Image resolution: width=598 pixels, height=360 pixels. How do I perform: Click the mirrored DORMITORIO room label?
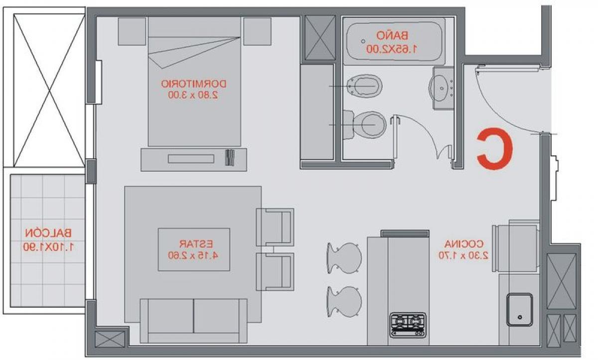pos(193,84)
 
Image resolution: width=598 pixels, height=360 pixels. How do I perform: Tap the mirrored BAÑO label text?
pos(392,35)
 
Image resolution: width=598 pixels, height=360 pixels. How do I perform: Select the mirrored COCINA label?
pos(464,244)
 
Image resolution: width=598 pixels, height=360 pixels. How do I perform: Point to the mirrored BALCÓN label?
pos(48,233)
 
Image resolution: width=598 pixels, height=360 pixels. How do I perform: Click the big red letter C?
pos(494,149)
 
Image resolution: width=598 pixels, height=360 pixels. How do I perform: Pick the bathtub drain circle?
pos(363,41)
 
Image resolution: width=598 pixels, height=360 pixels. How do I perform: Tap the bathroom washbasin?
pos(441,88)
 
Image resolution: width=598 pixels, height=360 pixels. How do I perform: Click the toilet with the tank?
pos(364,125)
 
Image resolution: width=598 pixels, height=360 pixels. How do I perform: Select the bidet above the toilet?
pos(365,86)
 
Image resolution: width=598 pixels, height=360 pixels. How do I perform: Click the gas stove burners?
pos(408,325)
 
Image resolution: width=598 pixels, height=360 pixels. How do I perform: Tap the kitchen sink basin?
pos(519,309)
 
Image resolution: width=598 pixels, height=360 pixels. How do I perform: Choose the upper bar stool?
pos(344,258)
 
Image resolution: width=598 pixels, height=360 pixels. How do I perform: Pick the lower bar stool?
pos(344,302)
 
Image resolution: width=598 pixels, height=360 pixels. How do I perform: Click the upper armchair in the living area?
pos(275,227)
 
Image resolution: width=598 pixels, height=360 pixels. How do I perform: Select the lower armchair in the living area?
pos(275,272)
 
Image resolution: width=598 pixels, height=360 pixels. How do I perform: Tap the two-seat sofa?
pos(193,321)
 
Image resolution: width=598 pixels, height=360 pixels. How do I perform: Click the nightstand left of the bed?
pos(132,31)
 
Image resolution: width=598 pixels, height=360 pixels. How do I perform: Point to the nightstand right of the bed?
pos(257,31)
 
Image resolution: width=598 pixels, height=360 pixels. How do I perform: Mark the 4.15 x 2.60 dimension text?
pos(193,255)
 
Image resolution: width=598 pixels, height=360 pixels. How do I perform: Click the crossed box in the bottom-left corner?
pos(110,339)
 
